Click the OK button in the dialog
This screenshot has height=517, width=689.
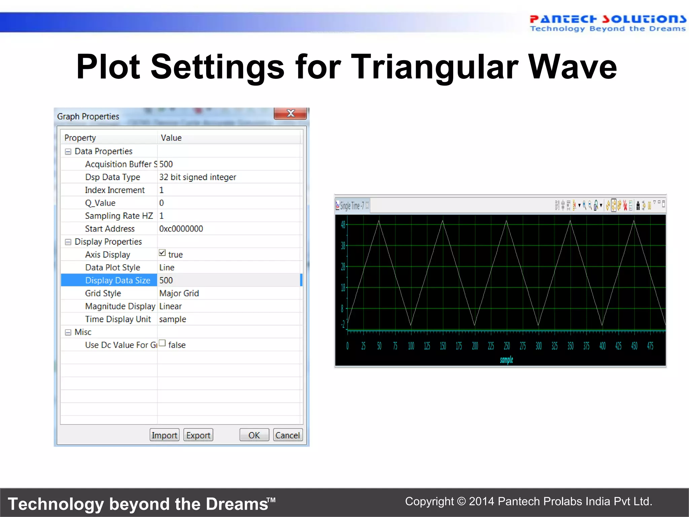point(254,435)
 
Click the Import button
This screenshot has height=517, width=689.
point(164,435)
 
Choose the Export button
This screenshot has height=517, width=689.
point(198,435)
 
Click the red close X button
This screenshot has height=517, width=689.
point(290,113)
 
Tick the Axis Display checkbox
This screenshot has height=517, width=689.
point(162,253)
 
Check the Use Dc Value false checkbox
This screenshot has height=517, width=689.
point(162,343)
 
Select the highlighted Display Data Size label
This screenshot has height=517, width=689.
point(117,280)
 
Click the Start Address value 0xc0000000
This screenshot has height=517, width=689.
point(181,229)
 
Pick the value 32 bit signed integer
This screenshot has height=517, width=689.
point(197,177)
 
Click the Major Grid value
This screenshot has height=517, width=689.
point(179,294)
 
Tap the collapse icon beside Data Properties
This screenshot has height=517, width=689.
point(68,151)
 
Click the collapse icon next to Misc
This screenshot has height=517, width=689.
point(68,333)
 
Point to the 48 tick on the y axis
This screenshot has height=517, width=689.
point(343,225)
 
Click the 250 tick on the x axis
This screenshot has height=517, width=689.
point(507,346)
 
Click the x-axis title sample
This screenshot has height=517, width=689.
point(506,360)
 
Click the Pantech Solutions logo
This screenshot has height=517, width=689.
point(608,23)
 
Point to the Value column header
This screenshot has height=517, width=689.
point(171,138)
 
